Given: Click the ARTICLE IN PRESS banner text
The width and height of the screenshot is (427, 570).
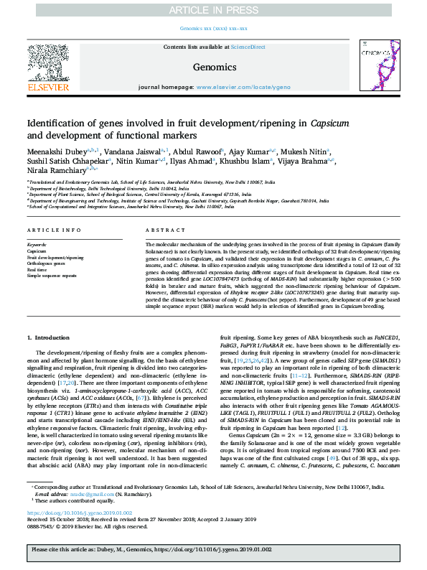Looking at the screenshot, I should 213,9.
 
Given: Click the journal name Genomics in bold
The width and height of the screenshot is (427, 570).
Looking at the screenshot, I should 213,67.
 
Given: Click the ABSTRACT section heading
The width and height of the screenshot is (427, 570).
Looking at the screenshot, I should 160,230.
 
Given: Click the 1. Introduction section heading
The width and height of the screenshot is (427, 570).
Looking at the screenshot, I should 49,337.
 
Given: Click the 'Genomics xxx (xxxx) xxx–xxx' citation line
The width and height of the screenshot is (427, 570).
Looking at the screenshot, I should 213,29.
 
